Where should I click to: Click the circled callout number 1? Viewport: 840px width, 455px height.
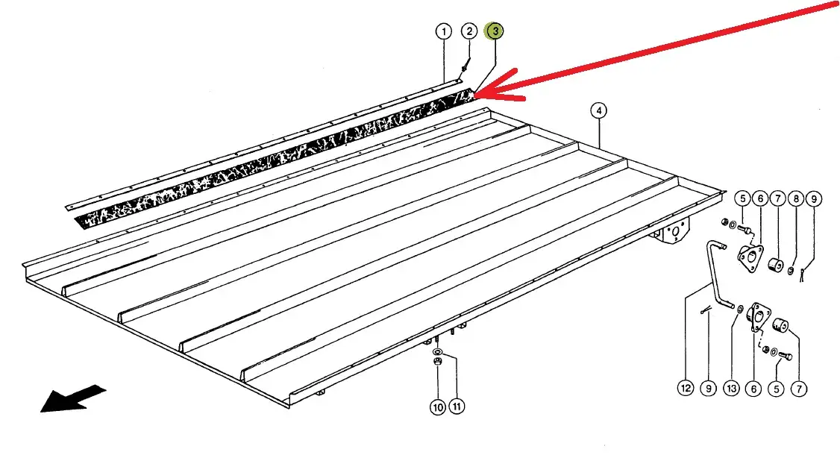444,31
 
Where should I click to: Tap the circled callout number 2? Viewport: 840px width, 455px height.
469,31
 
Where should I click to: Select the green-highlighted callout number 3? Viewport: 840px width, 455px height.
495,31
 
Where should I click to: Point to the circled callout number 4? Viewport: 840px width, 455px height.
598,111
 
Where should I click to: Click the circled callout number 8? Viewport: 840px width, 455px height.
796,199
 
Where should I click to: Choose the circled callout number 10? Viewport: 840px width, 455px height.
438,407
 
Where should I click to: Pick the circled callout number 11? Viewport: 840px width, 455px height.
456,407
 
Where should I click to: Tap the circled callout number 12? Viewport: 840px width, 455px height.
686,388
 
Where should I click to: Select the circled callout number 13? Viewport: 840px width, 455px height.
731,389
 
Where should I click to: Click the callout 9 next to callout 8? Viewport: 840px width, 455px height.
814,199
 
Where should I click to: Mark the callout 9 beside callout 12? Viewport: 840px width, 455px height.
708,388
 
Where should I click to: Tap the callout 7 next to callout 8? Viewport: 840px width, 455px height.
778,199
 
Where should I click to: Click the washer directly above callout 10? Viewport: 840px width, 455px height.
437,352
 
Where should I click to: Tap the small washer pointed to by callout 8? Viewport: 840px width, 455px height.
792,272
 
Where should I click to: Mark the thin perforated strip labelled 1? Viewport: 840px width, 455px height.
263,144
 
